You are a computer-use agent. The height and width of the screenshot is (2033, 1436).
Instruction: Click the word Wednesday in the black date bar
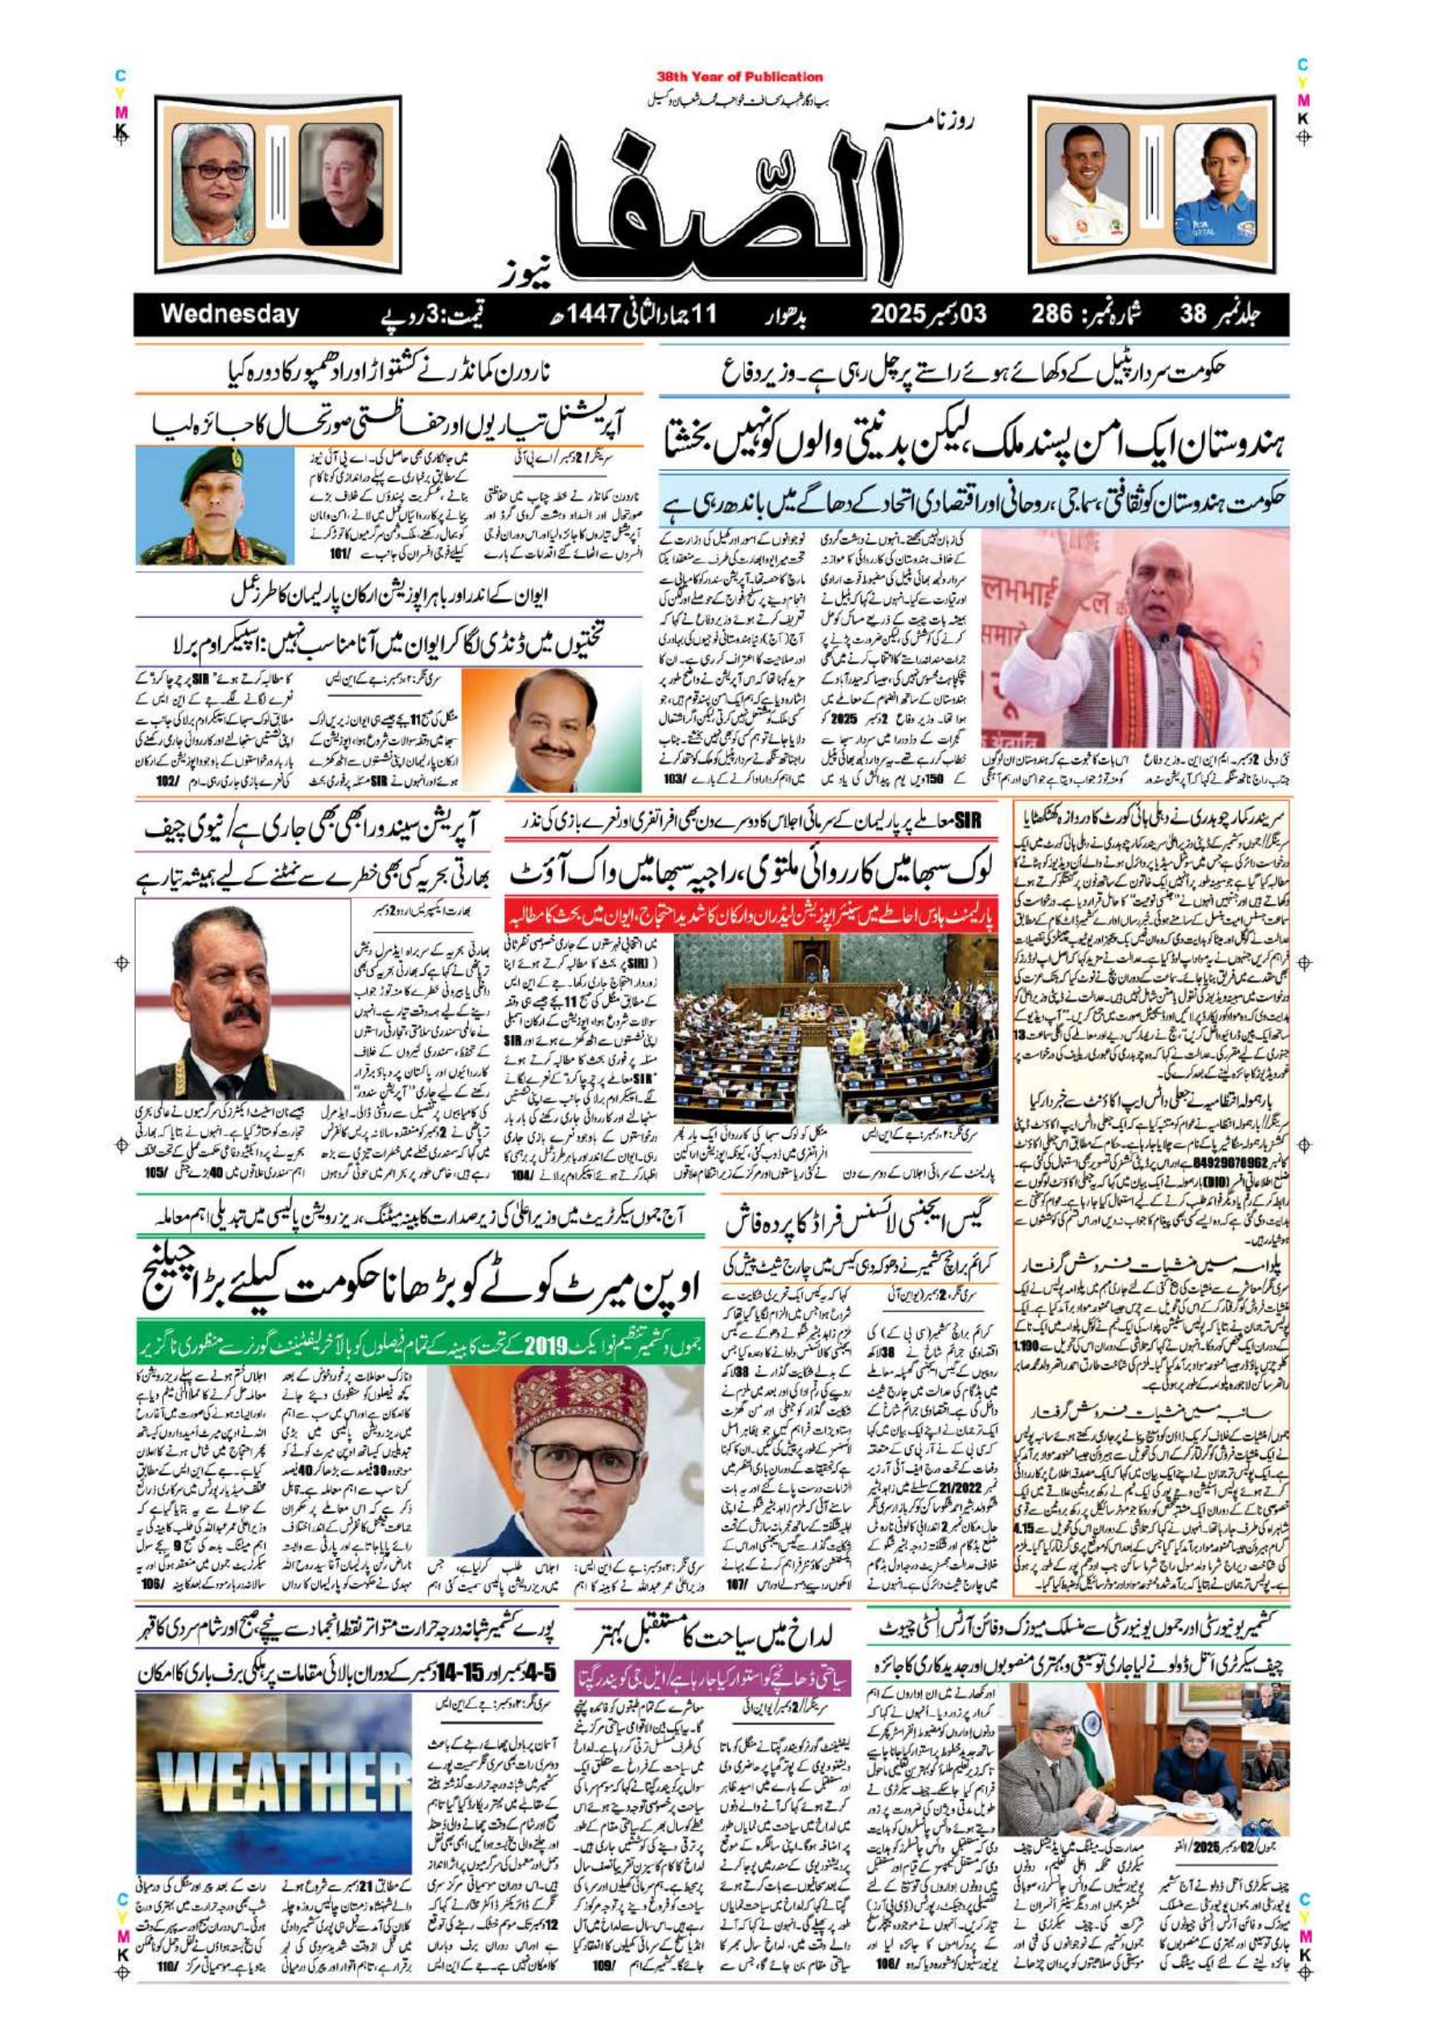pyautogui.click(x=229, y=315)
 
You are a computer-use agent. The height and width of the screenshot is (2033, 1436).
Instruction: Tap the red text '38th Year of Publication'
pyautogui.click(x=739, y=77)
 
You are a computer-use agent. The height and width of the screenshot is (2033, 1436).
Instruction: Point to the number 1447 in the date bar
pyautogui.click(x=591, y=315)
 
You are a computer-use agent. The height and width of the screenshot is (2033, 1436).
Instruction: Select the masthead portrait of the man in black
pyautogui.click(x=341, y=184)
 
